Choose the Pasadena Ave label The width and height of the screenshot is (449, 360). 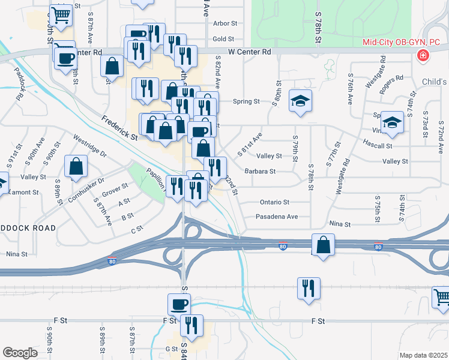point(277,217)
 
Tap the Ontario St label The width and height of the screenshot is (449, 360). point(274,202)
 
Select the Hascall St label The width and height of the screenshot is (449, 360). point(377,145)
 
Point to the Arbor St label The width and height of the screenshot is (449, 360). point(225,23)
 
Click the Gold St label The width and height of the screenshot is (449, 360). point(223,39)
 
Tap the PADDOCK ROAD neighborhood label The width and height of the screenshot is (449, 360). point(28,228)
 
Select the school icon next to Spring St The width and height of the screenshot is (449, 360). point(300,100)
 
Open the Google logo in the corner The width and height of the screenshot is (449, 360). point(20,352)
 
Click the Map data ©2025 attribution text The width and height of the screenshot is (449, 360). point(423,355)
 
